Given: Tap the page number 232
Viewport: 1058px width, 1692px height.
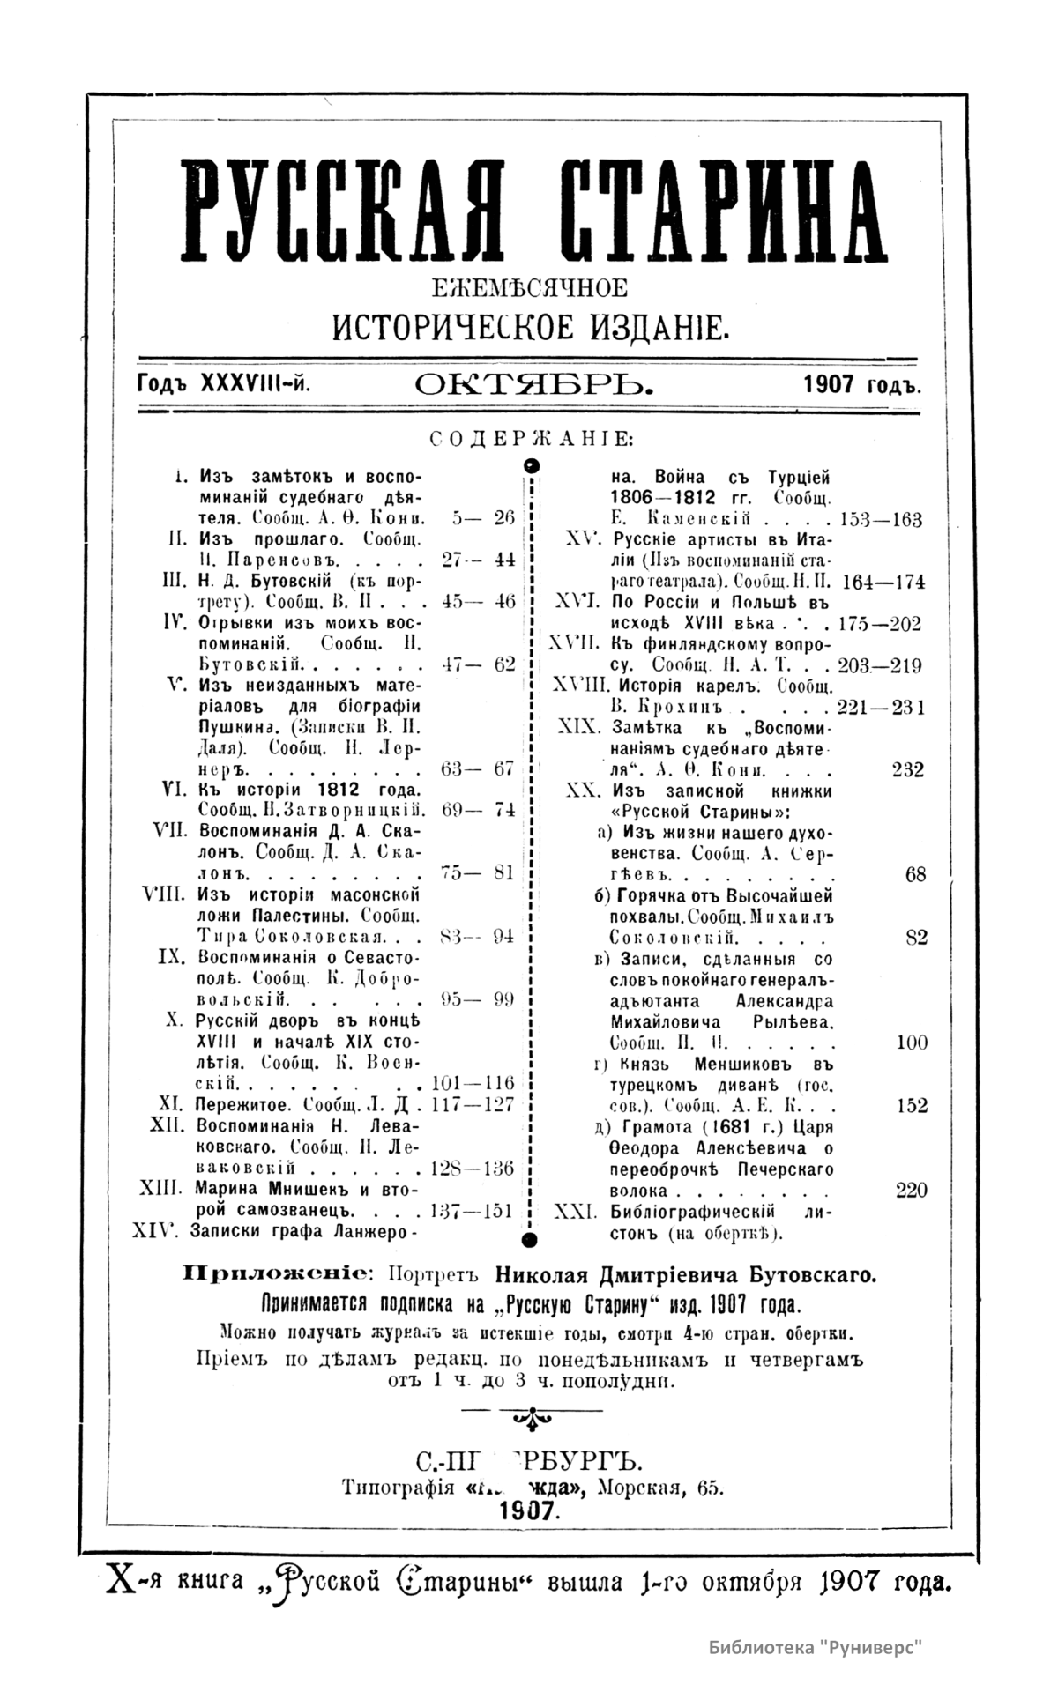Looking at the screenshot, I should [907, 769].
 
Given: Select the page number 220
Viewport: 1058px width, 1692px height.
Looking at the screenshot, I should [911, 1191].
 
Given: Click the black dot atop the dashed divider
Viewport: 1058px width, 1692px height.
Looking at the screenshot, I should [531, 464].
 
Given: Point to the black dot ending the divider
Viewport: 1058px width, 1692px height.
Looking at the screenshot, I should [530, 1242].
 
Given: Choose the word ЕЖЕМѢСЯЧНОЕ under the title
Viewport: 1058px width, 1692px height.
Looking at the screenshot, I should [528, 288].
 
